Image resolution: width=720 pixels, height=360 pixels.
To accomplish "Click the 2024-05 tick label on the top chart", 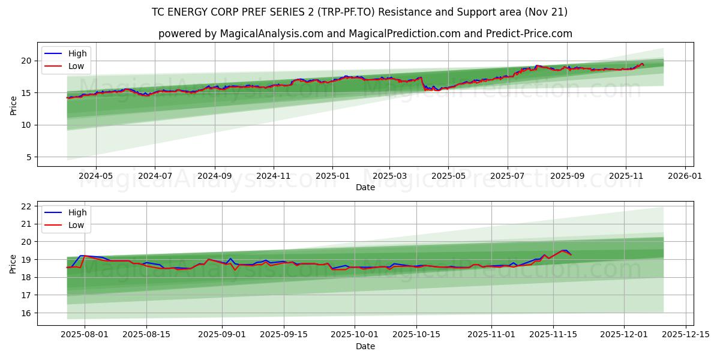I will point(96,176).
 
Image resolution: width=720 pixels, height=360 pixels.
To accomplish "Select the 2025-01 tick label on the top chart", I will point(332,176).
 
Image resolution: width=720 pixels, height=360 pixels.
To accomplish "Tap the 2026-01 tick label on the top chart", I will point(685,176).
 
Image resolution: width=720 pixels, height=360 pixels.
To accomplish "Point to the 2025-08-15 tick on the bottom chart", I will point(146,335).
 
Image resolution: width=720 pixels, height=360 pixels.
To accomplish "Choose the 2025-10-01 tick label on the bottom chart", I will point(355,335).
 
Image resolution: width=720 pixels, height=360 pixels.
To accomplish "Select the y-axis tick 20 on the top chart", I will point(26,61).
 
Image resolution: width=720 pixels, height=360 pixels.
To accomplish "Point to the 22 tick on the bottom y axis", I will point(26,206).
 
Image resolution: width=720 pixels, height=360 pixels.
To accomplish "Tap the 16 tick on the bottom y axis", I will point(26,313).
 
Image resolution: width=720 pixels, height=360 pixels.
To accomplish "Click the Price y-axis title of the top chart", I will point(13,106).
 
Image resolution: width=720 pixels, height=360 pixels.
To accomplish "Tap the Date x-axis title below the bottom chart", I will point(365,346).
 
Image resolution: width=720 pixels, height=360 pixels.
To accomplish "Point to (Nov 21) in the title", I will point(545,12).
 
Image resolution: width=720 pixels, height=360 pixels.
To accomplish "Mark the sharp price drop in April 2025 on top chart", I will point(423,83).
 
